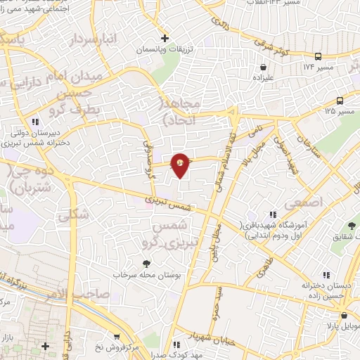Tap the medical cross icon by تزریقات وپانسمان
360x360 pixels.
pyautogui.click(x=164, y=38)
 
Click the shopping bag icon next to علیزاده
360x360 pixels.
pyautogui.click(x=263, y=67)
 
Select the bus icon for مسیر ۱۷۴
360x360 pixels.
pyautogui.click(x=318, y=56)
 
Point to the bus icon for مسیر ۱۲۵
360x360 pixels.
pyautogui.click(x=340, y=100)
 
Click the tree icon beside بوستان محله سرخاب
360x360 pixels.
pyautogui.click(x=146, y=264)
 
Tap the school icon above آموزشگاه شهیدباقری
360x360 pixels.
pyautogui.click(x=270, y=214)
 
